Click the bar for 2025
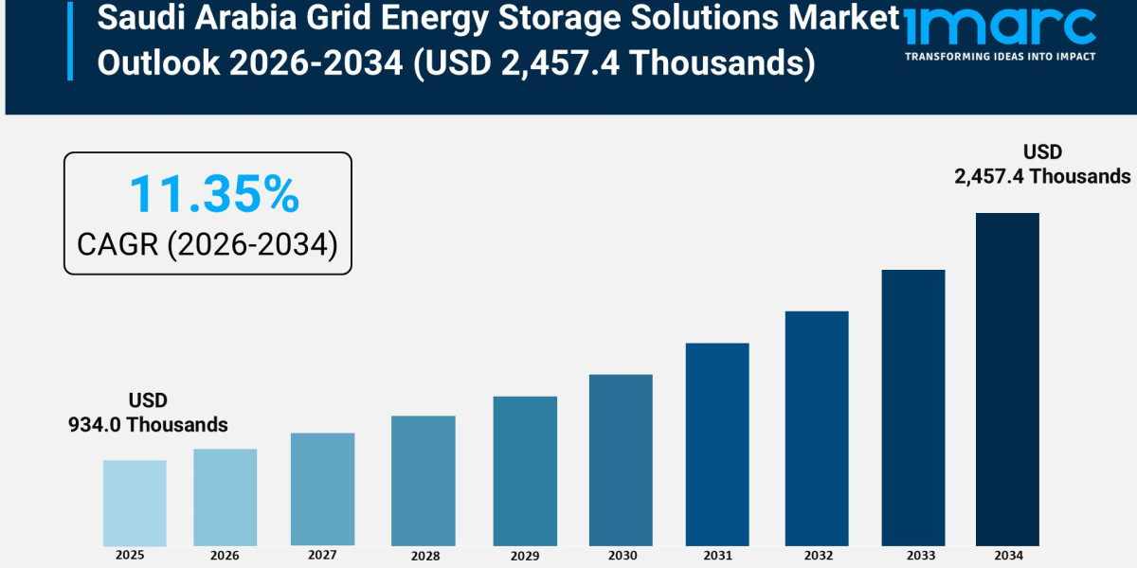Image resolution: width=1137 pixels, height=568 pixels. pyautogui.click(x=135, y=503)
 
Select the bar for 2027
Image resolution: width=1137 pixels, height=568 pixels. pyautogui.click(x=322, y=489)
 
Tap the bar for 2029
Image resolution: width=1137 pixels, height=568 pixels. pyautogui.click(x=525, y=470)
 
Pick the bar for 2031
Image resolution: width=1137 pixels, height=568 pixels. pyautogui.click(x=717, y=444)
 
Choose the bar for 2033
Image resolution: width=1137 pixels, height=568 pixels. pyautogui.click(x=913, y=408)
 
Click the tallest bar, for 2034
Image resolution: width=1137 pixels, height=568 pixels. pyautogui.click(x=1007, y=379)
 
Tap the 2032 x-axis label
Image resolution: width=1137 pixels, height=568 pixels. pyautogui.click(x=817, y=555)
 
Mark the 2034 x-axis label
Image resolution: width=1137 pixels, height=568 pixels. pyautogui.click(x=1007, y=555)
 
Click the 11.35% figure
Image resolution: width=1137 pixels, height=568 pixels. pyautogui.click(x=213, y=195)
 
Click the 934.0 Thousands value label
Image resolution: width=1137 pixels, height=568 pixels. pyautogui.click(x=148, y=425)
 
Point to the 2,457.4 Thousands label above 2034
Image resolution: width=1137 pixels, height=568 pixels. pyautogui.click(x=1042, y=176)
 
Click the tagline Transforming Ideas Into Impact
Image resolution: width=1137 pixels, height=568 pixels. pyautogui.click(x=1000, y=57)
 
